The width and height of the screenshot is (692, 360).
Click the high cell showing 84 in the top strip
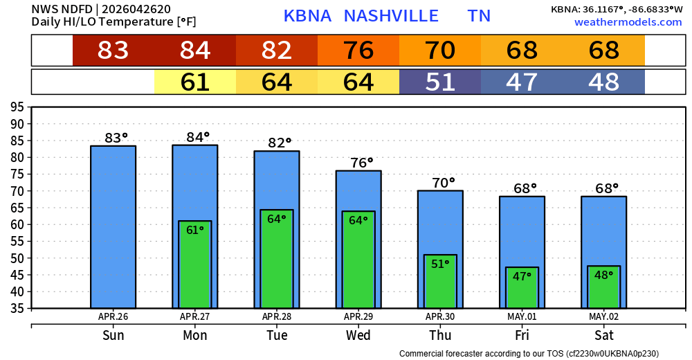click(195, 51)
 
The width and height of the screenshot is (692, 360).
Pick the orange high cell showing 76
click(358, 51)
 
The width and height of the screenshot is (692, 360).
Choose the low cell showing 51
click(440, 82)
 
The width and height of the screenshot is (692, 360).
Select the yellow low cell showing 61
click(195, 82)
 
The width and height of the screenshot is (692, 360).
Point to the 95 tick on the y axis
click(17, 107)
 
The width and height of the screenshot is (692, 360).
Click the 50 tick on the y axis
click(17, 258)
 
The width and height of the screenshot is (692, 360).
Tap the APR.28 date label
click(277, 317)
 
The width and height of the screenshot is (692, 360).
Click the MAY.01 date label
click(522, 317)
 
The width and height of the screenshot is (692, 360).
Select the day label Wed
click(358, 336)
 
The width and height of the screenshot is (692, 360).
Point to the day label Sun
click(113, 336)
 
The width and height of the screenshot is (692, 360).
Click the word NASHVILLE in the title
click(391, 16)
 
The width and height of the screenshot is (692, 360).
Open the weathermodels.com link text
click(628, 22)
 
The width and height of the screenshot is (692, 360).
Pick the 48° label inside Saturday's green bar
click(603, 275)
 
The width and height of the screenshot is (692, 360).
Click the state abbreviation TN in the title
click(479, 16)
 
